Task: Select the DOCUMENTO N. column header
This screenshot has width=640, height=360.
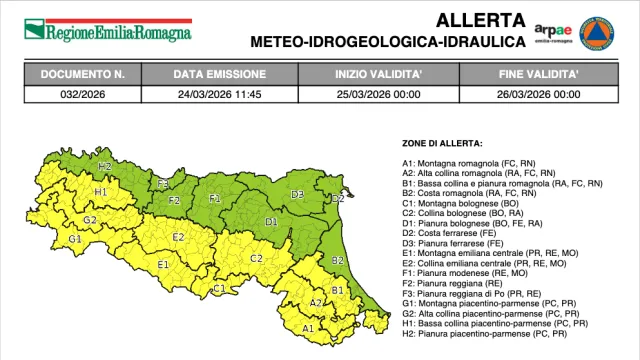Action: pyautogui.click(x=83, y=75)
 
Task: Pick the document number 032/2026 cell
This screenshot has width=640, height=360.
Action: pyautogui.click(x=83, y=94)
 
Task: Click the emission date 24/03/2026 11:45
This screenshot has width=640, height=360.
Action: pyautogui.click(x=220, y=94)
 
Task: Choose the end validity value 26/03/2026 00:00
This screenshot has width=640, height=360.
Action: pyautogui.click(x=539, y=94)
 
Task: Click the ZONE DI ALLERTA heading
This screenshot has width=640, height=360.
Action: pyautogui.click(x=442, y=144)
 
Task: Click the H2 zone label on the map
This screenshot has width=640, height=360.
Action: pyautogui.click(x=105, y=165)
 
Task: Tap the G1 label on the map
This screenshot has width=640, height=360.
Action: pyautogui.click(x=74, y=240)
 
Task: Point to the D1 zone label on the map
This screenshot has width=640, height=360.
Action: pyautogui.click(x=270, y=221)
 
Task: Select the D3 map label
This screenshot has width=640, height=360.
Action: pyautogui.click(x=297, y=194)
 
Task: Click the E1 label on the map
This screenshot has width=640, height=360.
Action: pyautogui.click(x=162, y=265)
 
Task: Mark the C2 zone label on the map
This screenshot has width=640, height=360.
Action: pyautogui.click(x=256, y=258)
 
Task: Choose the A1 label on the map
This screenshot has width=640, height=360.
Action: pyautogui.click(x=308, y=327)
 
